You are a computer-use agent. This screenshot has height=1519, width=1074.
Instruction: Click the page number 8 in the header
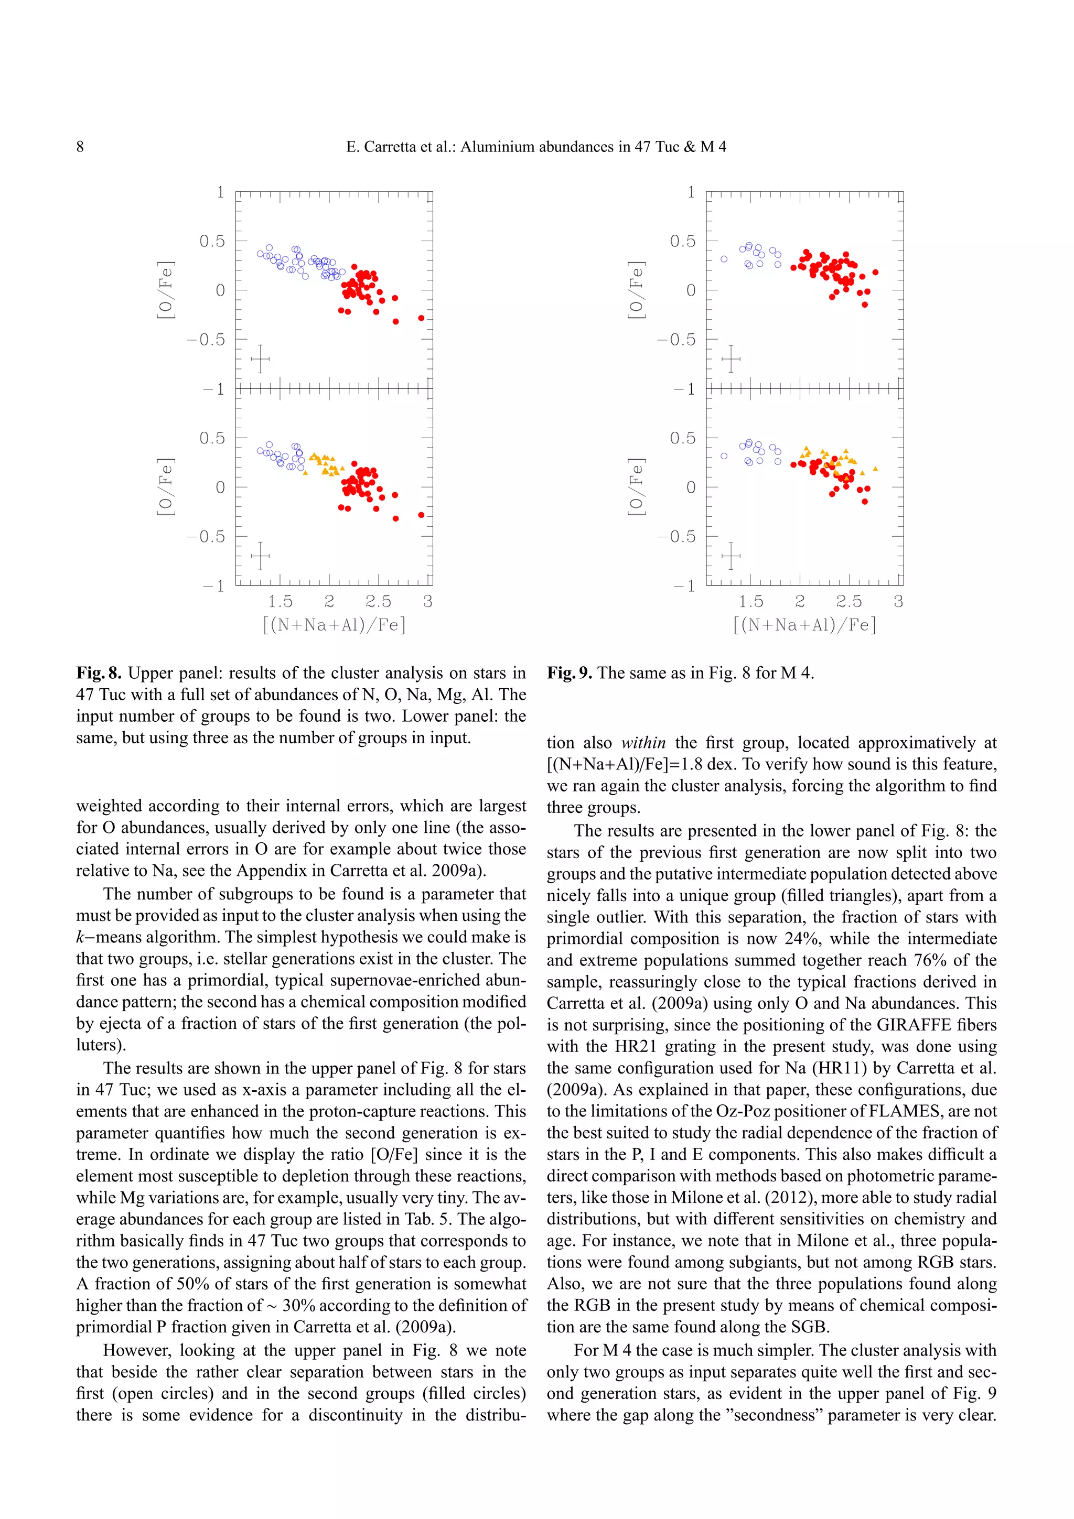[80, 147]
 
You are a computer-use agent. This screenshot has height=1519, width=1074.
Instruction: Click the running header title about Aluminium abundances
[536, 147]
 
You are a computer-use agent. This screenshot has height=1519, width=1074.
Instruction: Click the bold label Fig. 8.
[99, 673]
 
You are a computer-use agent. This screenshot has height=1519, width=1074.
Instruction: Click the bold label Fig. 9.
[569, 673]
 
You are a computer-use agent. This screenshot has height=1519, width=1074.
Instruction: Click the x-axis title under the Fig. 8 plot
[334, 625]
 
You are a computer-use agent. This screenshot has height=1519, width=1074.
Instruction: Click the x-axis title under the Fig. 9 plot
[804, 625]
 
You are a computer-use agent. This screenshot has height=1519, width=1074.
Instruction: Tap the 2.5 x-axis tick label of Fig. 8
[378, 601]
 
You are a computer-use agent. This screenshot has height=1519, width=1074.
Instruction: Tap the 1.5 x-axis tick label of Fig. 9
[750, 601]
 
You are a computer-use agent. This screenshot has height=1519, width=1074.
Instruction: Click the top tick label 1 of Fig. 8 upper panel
[220, 192]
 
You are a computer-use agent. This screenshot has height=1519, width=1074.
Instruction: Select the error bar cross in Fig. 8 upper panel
[260, 359]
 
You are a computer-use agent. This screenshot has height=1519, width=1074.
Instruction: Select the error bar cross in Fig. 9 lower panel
[731, 556]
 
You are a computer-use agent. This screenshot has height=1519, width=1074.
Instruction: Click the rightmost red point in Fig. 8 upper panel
[421, 318]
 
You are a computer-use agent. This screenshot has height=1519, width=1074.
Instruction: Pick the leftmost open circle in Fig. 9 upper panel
[724, 259]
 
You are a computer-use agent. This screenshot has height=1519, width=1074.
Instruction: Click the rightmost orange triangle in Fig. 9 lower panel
[875, 469]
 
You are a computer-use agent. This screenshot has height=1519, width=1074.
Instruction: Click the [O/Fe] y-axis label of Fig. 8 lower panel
[165, 487]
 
